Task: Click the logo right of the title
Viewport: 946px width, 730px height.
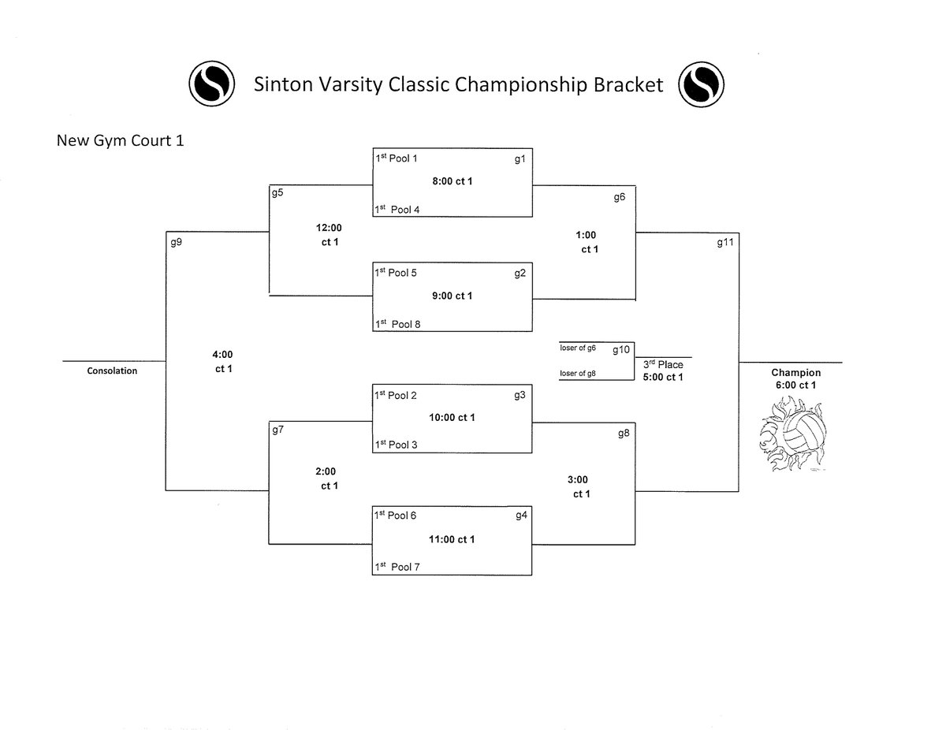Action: tap(701, 83)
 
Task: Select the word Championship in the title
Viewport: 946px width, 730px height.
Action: tap(516, 84)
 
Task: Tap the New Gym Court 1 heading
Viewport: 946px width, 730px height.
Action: tap(120, 142)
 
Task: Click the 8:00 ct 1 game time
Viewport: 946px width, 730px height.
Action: tap(453, 181)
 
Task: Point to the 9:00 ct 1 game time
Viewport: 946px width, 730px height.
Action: tap(453, 296)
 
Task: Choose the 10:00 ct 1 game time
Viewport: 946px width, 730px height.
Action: tap(453, 417)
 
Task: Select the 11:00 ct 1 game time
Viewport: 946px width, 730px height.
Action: tap(453, 539)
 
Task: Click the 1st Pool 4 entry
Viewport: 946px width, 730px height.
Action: tap(397, 210)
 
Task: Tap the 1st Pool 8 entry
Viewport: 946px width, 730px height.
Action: tap(397, 324)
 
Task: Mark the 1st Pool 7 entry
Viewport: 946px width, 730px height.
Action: tap(397, 567)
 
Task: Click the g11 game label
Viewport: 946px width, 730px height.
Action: tap(725, 243)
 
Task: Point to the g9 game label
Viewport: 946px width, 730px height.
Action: tap(177, 242)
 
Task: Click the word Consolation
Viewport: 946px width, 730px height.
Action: tap(112, 371)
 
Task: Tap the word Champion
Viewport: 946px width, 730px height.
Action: tap(795, 372)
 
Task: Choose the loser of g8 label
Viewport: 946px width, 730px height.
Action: tap(578, 374)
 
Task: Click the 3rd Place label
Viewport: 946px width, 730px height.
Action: tap(662, 364)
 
